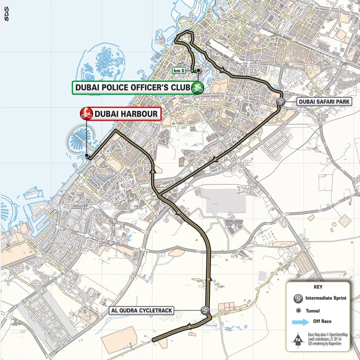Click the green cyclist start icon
(x=197, y=87)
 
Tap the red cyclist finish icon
(x=86, y=114)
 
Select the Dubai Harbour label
(x=125, y=114)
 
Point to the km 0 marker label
(x=179, y=71)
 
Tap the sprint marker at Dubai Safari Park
(x=281, y=102)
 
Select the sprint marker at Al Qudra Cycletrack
(x=205, y=311)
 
